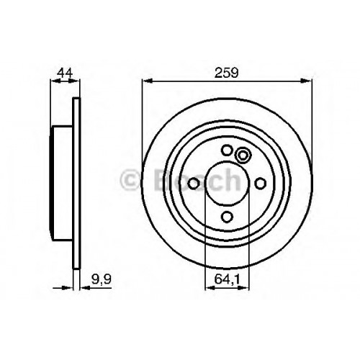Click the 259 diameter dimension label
(227, 73)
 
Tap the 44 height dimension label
(65, 73)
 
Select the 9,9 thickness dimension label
(102, 279)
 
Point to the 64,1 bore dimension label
(227, 279)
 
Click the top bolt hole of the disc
(227, 150)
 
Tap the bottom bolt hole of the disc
(227, 217)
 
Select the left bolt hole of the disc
(194, 184)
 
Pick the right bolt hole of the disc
(260, 184)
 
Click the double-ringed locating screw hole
(243, 155)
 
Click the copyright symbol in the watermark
(130, 180)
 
